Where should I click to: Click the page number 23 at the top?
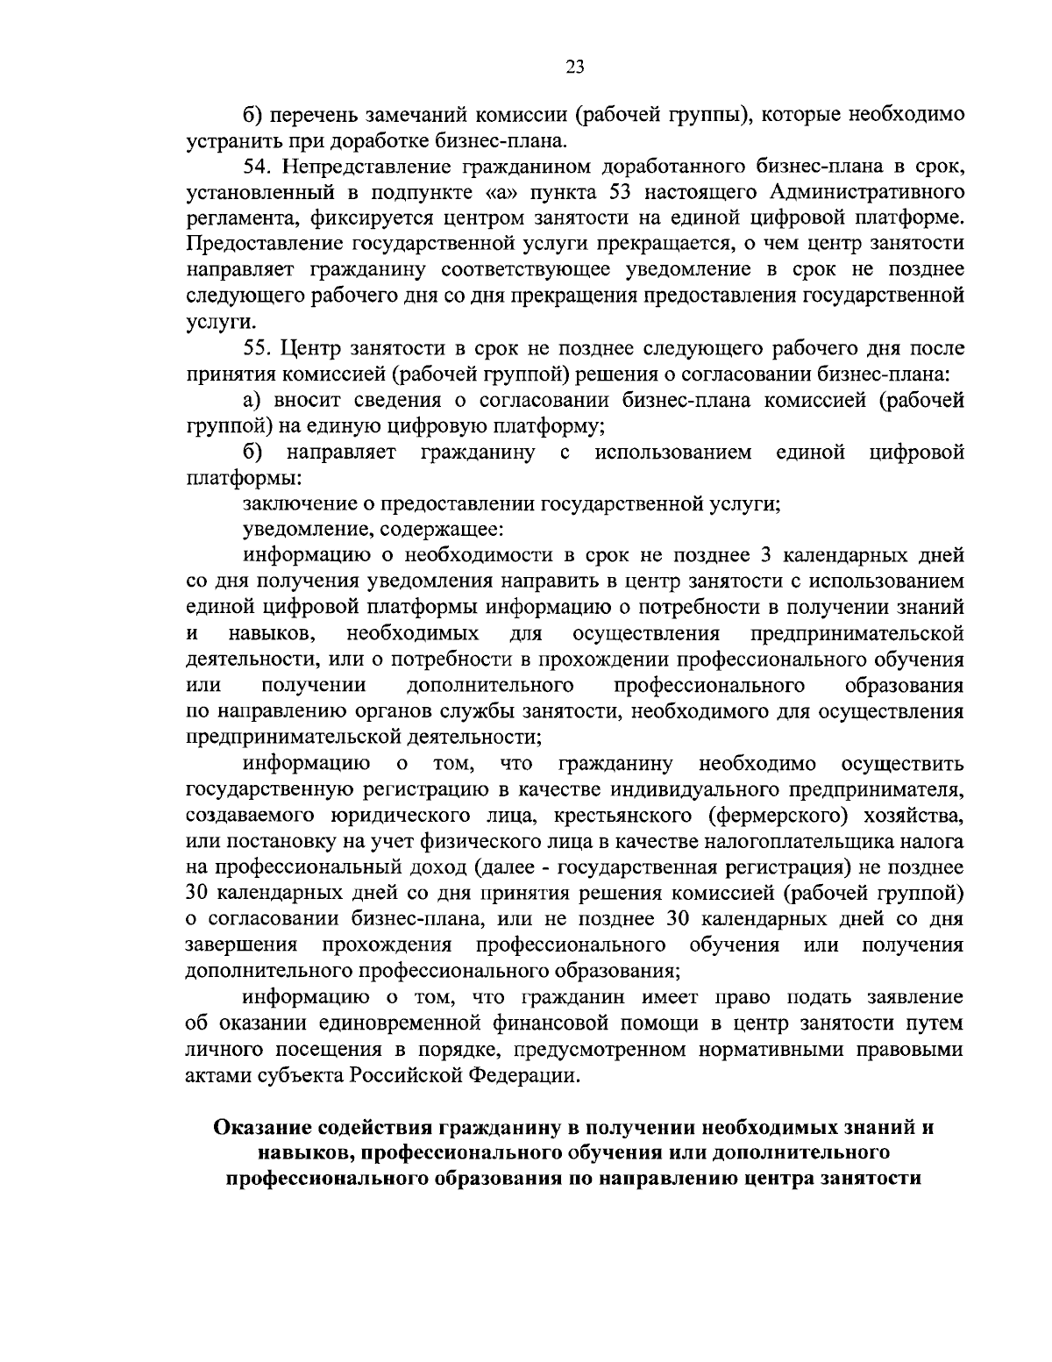point(575,68)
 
